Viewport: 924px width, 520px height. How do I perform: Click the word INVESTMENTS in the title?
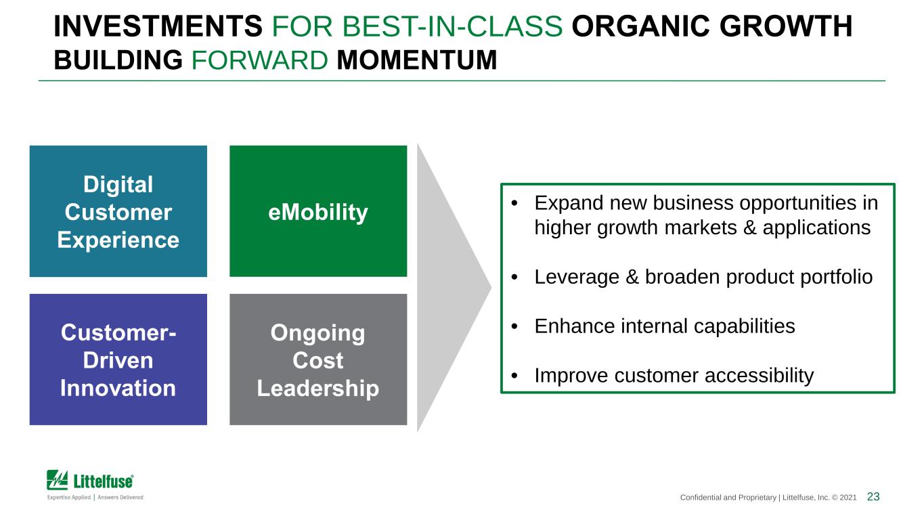pos(158,26)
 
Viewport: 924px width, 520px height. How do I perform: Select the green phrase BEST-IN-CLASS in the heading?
pos(452,26)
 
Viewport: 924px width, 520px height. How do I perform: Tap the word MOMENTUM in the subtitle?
pos(416,60)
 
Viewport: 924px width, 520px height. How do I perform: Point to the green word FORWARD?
pos(259,60)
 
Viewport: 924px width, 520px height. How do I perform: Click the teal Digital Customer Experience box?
pos(118,211)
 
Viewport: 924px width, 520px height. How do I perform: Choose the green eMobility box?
pos(318,211)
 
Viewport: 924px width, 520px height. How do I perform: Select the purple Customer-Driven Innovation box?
pos(118,360)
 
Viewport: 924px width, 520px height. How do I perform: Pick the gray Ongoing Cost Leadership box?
pos(318,360)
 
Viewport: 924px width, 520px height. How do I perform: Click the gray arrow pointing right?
pos(449,287)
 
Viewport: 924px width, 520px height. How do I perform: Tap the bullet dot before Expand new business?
pos(514,203)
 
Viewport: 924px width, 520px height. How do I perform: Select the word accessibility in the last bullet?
pos(759,376)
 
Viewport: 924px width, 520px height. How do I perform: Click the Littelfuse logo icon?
pos(58,480)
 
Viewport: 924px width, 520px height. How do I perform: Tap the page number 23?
pos(873,497)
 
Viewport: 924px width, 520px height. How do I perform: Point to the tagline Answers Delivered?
pos(120,497)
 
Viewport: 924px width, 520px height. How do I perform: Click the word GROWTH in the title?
pos(786,26)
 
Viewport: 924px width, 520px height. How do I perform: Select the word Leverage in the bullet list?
pos(577,278)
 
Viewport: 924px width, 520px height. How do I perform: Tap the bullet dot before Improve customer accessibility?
pos(514,376)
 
